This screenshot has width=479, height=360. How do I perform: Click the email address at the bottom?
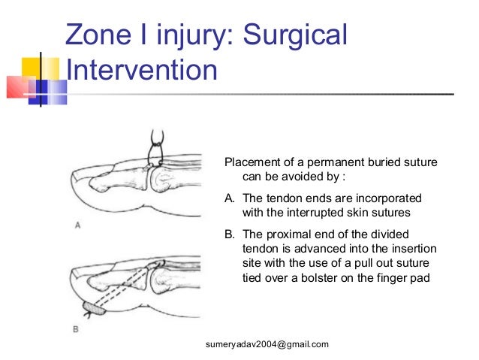[x=267, y=344]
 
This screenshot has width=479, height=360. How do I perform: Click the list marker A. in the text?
[x=230, y=198]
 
